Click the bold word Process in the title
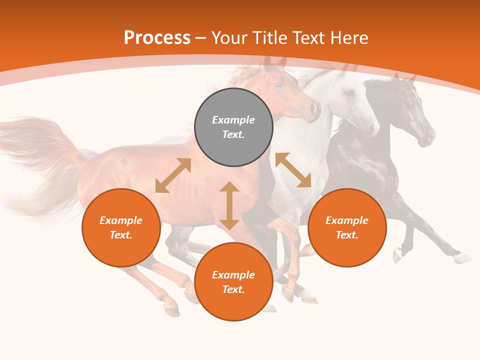coord(157,38)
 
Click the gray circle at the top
coord(233,127)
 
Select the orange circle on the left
coord(121,227)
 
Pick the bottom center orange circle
coord(233,282)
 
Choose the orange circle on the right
coord(347,227)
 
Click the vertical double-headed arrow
coord(229,205)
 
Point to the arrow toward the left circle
coord(173,175)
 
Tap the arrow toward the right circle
coord(293,170)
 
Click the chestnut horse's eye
coord(279,85)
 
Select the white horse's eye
coord(350,93)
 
